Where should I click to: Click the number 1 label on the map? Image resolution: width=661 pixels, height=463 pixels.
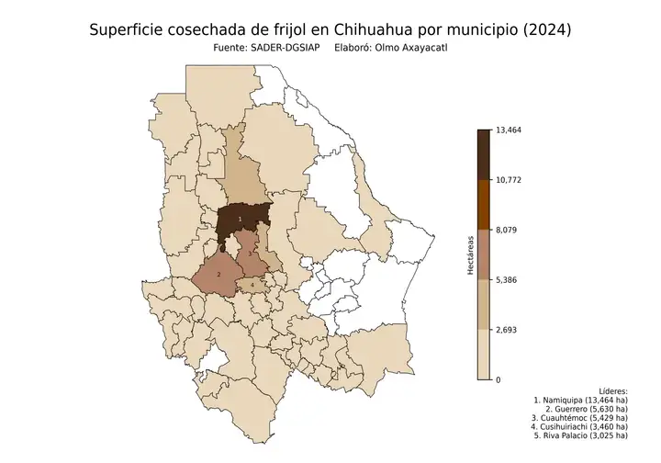(x=240, y=219)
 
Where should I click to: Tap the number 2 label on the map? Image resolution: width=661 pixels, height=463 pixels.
(x=218, y=274)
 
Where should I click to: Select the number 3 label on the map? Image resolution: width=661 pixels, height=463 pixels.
(x=250, y=252)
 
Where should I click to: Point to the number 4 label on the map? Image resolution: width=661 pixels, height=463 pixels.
(x=252, y=286)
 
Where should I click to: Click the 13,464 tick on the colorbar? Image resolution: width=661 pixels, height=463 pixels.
(x=508, y=130)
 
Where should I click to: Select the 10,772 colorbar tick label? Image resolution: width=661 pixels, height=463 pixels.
(x=508, y=180)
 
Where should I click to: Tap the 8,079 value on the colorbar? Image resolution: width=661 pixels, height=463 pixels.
(x=506, y=230)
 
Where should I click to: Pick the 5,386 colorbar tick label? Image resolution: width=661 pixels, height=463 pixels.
(x=506, y=279)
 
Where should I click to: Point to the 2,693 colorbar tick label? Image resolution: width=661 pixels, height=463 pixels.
(x=506, y=329)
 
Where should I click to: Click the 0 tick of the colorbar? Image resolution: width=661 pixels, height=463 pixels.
(x=498, y=379)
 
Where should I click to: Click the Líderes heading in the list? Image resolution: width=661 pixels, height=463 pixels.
(x=612, y=390)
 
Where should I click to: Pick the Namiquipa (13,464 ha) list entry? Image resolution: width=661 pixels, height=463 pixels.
(x=580, y=401)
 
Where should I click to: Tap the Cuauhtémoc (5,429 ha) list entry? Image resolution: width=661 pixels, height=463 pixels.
(x=580, y=417)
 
